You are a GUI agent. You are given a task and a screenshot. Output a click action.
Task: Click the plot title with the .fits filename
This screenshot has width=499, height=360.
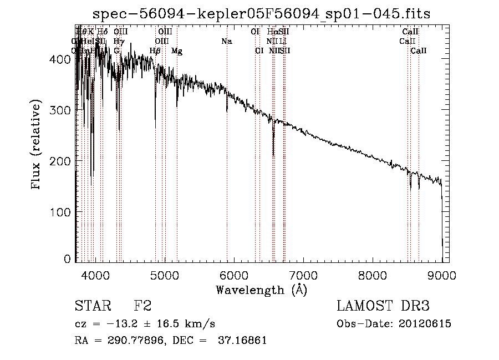(x=262, y=14)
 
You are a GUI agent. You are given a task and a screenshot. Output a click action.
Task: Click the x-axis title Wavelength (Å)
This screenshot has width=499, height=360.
(x=261, y=290)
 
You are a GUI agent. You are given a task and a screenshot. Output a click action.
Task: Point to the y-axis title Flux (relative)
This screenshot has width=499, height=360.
(x=37, y=146)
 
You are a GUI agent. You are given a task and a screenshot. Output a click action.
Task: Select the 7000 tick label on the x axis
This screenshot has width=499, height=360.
(x=303, y=274)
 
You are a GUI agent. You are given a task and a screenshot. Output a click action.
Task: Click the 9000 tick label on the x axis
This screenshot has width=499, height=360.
(x=442, y=274)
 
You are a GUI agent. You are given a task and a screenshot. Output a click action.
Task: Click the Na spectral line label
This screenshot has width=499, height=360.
(x=226, y=41)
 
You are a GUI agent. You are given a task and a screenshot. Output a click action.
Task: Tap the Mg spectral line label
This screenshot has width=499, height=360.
(x=177, y=51)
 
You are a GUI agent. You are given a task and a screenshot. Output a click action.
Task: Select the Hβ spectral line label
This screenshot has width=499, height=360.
(x=155, y=51)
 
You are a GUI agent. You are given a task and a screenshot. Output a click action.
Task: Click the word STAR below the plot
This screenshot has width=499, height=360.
(x=93, y=306)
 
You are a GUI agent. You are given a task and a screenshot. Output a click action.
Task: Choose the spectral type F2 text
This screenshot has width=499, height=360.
(x=142, y=306)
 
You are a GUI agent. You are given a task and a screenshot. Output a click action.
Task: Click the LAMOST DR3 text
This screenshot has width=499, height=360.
(x=383, y=306)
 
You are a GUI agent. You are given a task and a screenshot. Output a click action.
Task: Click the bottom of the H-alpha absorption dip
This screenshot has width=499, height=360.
(x=273, y=155)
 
